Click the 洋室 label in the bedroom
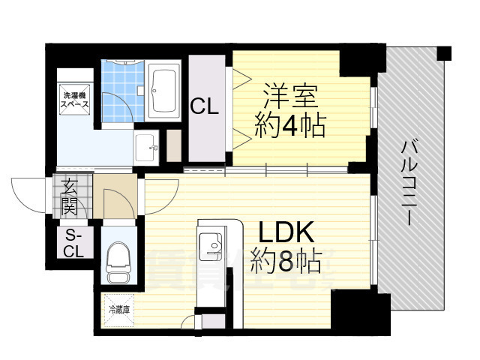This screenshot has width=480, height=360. point(289,97)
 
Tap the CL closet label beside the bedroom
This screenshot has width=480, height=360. point(203,107)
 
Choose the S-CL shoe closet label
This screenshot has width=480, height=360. point(73,243)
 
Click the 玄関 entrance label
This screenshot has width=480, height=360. point(70,196)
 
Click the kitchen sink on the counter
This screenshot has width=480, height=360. point(209,243)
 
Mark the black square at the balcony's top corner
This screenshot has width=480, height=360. point(444,53)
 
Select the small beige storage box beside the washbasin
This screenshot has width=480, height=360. point(174,147)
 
